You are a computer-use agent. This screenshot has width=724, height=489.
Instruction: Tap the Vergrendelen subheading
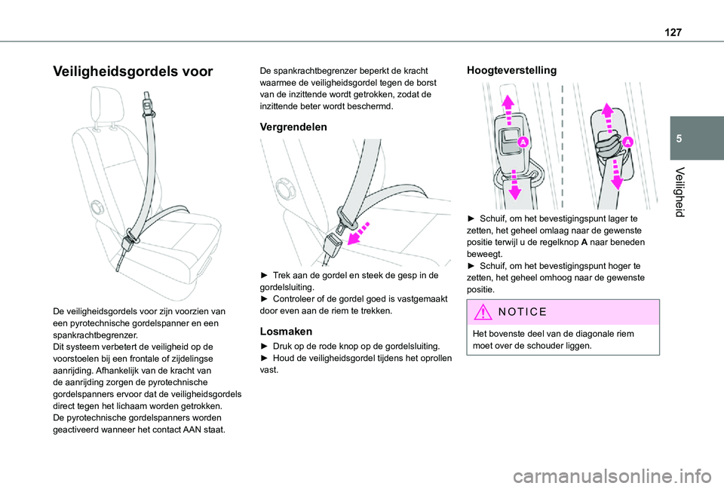click(293, 127)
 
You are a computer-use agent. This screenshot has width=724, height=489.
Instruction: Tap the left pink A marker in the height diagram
click(523, 142)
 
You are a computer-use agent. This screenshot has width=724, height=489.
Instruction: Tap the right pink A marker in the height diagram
click(627, 141)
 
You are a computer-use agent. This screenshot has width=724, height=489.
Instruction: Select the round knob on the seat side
click(96, 206)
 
